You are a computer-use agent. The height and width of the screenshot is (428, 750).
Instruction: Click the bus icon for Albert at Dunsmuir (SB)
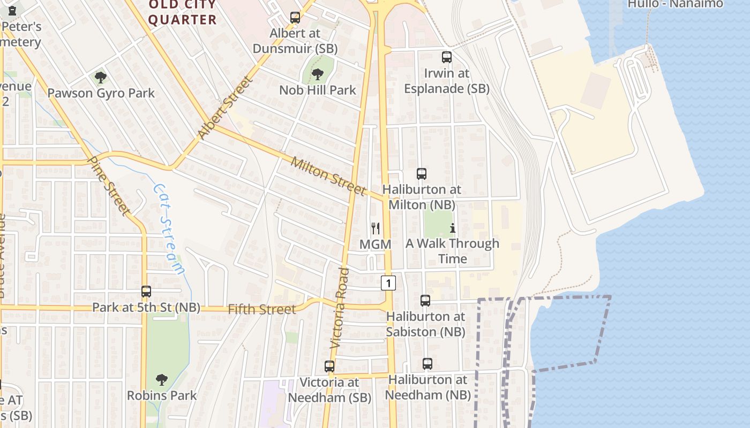(x=295, y=18)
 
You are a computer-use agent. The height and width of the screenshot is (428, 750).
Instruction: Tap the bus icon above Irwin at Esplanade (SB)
(x=446, y=57)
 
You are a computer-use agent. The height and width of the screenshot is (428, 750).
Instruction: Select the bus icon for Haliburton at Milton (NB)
(x=421, y=174)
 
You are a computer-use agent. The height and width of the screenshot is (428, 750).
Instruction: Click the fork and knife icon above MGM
(x=376, y=228)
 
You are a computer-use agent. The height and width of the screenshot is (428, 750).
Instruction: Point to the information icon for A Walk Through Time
(x=452, y=228)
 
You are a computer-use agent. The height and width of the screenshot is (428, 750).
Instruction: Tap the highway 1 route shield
(x=388, y=282)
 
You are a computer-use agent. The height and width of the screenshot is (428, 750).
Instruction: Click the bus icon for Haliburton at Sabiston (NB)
(x=425, y=301)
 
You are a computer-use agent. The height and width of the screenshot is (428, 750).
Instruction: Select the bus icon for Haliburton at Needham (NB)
(x=427, y=364)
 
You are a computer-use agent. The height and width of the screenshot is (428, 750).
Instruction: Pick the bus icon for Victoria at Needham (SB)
(x=329, y=366)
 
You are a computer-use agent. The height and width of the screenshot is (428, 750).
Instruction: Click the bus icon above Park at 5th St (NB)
(x=146, y=292)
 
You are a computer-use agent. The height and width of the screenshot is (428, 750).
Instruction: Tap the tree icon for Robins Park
(x=161, y=380)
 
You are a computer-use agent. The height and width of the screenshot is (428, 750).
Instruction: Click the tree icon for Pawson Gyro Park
(x=100, y=78)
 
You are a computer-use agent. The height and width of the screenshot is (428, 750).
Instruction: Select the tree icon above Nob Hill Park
(x=317, y=74)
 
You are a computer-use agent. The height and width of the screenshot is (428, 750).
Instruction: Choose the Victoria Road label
(x=340, y=308)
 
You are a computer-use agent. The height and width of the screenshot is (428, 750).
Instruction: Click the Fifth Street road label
(x=261, y=309)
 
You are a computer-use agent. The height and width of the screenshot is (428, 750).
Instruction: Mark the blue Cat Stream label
(x=169, y=228)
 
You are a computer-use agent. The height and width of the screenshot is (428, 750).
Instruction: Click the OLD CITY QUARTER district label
(x=182, y=13)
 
